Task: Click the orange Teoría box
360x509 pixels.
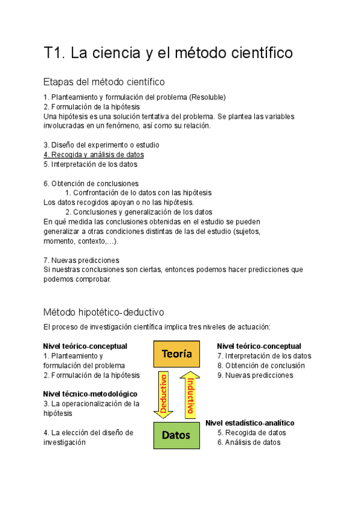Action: (176, 354)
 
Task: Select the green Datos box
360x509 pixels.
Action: (176, 435)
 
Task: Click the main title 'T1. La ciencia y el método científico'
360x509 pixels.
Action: (168, 53)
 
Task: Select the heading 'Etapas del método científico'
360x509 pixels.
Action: (104, 82)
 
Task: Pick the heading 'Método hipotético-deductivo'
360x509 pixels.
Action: (104, 312)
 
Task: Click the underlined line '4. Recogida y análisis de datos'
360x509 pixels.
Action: (94, 154)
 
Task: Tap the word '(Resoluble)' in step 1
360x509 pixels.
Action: (208, 97)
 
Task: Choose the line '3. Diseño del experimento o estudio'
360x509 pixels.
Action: (101, 145)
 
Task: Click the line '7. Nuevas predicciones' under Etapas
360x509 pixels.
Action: (81, 260)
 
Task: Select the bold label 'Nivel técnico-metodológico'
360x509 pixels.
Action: (90, 394)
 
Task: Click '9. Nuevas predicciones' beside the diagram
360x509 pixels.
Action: (255, 375)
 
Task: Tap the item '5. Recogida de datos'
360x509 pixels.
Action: (251, 432)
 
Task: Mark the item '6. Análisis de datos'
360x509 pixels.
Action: (249, 442)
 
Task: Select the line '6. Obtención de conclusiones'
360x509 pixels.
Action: (91, 183)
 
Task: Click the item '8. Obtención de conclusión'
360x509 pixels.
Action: (261, 366)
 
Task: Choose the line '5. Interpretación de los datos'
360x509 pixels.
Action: (90, 164)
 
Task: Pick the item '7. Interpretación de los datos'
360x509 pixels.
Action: (264, 356)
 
